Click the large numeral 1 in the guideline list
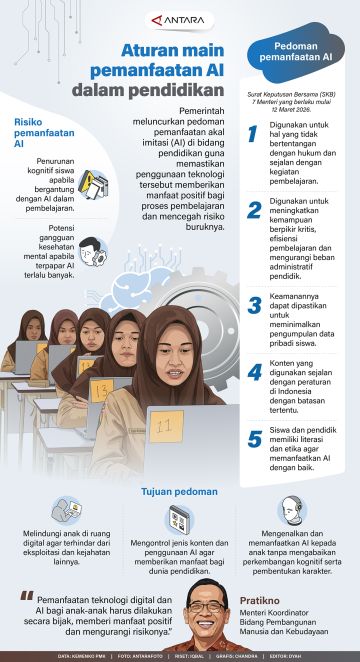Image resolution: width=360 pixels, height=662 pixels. pyautogui.click(x=255, y=138)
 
